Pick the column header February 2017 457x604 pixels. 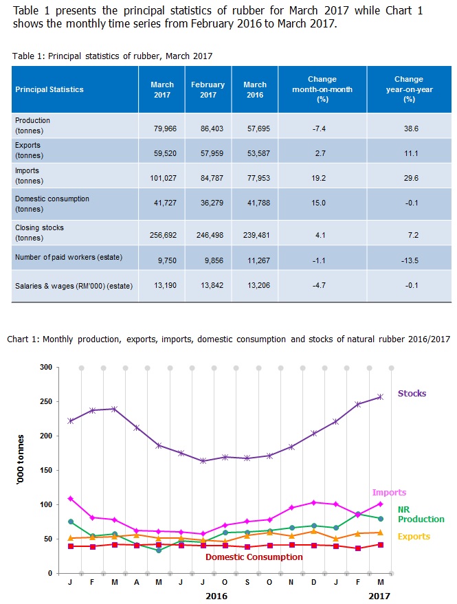pyautogui.click(x=208, y=89)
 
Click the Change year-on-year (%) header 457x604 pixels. pyautogui.click(x=409, y=89)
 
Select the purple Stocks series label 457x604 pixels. pyautogui.click(x=412, y=394)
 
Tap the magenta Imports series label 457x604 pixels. pyautogui.click(x=389, y=493)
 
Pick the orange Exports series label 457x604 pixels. pyautogui.click(x=414, y=537)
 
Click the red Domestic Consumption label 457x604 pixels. pyautogui.click(x=254, y=557)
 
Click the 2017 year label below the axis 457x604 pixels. pyautogui.click(x=379, y=596)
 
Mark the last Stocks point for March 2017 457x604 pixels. pyautogui.click(x=380, y=396)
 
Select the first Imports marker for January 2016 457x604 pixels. pyautogui.click(x=71, y=498)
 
